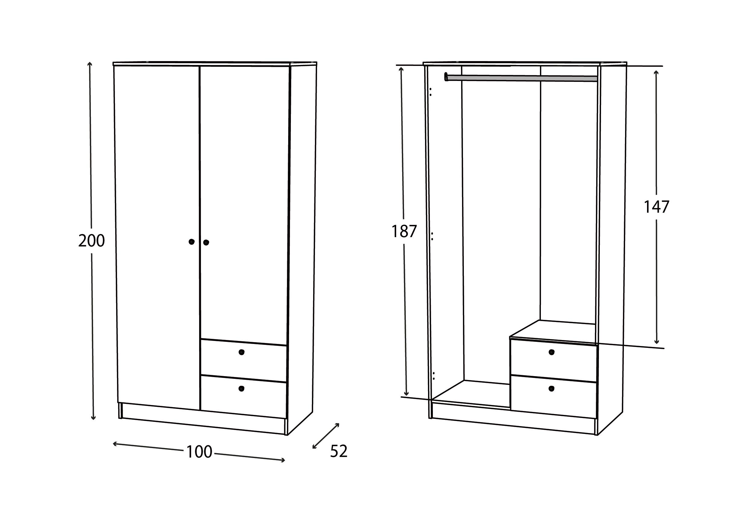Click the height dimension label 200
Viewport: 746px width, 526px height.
[x=91, y=241]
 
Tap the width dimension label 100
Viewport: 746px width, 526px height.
[x=199, y=452]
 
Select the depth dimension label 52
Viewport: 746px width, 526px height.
[x=339, y=451]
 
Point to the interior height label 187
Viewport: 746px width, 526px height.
[x=404, y=231]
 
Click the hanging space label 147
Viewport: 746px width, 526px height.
[x=656, y=207]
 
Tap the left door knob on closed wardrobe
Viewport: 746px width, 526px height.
[x=191, y=242]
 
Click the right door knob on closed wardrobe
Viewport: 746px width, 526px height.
[x=206, y=243]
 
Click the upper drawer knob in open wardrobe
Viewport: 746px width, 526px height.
[x=551, y=352]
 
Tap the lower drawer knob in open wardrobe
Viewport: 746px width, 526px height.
[x=551, y=388]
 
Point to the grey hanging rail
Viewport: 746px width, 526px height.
[x=522, y=78]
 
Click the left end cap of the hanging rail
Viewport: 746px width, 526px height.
[x=446, y=77]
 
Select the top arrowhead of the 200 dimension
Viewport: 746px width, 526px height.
[x=90, y=64]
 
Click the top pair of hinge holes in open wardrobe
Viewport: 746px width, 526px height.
[x=430, y=92]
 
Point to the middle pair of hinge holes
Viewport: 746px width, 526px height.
[x=432, y=236]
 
